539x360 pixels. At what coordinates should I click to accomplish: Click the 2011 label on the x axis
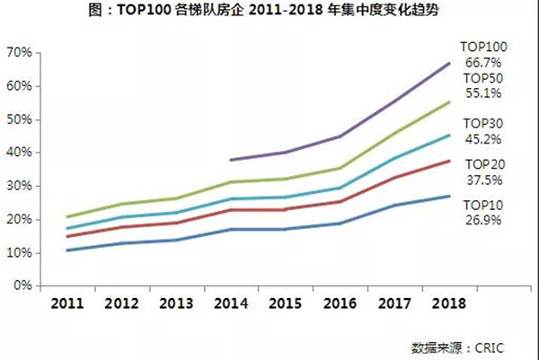point(69,303)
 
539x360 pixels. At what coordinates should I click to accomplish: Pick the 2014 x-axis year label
point(231,303)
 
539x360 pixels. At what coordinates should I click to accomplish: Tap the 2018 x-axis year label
point(448,303)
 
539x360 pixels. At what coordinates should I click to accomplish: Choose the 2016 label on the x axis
point(340,303)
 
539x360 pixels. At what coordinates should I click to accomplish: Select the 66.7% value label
point(482,62)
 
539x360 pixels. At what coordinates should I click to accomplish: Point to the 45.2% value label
point(482,138)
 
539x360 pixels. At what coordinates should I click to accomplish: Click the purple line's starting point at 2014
point(231,160)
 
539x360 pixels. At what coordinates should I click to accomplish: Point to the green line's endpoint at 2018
point(449,102)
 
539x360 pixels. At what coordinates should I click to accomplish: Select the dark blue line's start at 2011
point(68,250)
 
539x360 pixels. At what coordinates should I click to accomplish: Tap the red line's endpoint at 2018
point(449,161)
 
